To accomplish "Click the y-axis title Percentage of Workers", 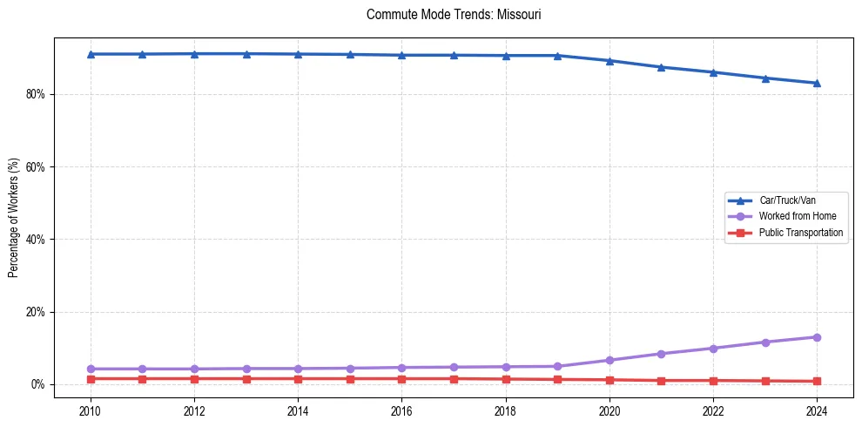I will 14,217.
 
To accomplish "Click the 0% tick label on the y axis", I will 37,384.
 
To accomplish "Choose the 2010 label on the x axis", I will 91,410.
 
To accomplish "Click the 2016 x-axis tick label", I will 401,410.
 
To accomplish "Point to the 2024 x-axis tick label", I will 817,410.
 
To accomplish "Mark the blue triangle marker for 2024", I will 817,83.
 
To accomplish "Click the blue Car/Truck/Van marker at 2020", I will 609,60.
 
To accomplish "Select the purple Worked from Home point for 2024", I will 817,337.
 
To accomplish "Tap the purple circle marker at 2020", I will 609,360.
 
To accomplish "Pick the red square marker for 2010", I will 91,378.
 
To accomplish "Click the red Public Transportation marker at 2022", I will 713,380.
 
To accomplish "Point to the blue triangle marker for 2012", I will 194,53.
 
